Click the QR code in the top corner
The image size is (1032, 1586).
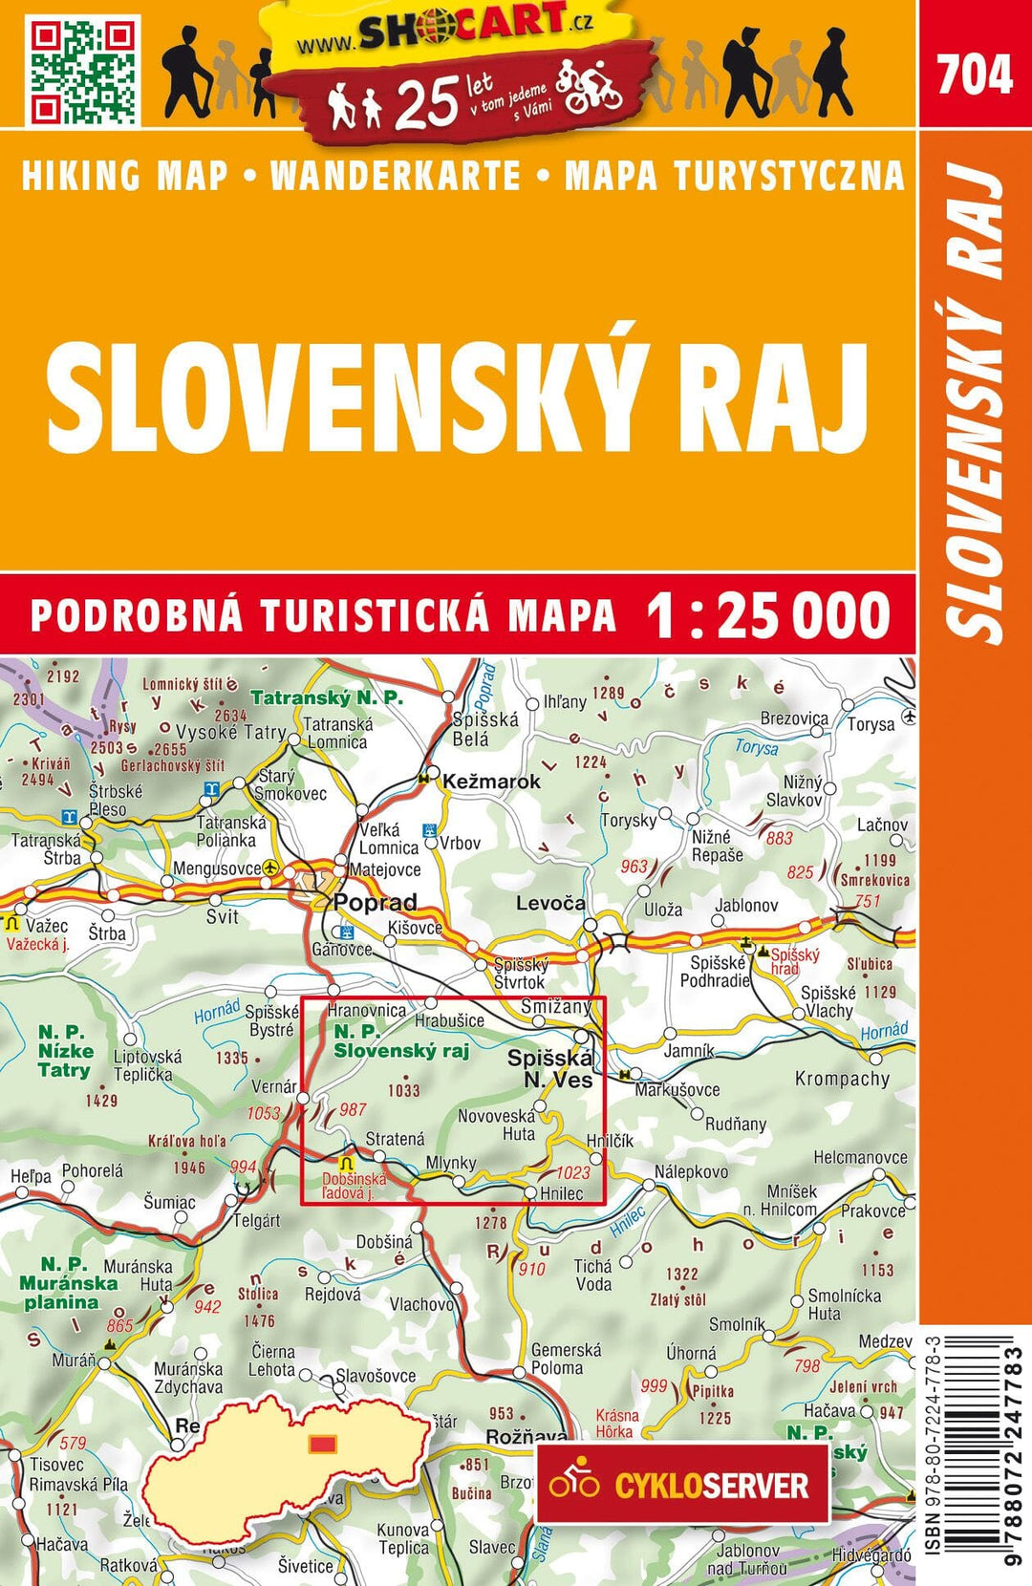pos(84,72)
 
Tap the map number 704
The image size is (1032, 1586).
pos(974,75)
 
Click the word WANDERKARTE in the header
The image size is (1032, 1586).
pos(396,177)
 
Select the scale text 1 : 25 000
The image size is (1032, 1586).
pos(768,615)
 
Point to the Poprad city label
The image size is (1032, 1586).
pos(376,902)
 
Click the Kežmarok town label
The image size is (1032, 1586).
pos(491,782)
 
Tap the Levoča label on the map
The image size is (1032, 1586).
pos(550,903)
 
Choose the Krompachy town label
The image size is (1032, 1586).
pos(842,1079)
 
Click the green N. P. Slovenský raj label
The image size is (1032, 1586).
pos(400,1041)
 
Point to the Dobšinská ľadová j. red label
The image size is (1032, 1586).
pos(355,1186)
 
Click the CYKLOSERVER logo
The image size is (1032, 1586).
pos(682,1484)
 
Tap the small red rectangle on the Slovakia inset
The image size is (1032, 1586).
pos(323,1443)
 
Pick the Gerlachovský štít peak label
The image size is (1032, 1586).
pos(173,765)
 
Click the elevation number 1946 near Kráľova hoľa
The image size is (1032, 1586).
pos(189,1168)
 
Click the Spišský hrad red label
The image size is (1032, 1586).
pos(794,961)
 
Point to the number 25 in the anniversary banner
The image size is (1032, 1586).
pos(425,103)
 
